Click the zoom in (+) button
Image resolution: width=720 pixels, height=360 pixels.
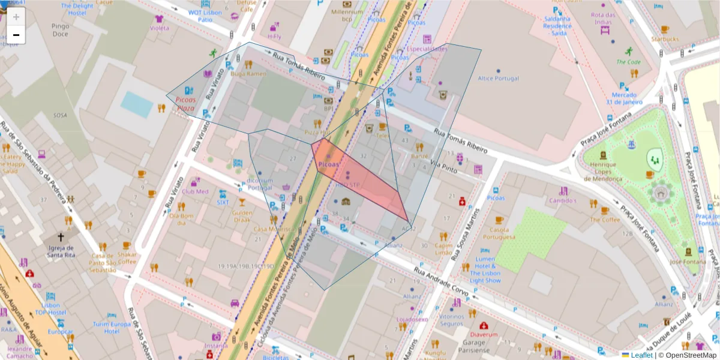pyautogui.click(x=16, y=16)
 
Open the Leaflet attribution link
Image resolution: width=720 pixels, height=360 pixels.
pyautogui.click(x=641, y=355)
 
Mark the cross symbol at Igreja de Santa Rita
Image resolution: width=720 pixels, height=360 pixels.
pyautogui.click(x=61, y=237)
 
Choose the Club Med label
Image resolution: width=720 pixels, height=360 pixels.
pyautogui.click(x=195, y=191)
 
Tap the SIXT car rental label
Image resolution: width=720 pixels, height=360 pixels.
pyautogui.click(x=223, y=203)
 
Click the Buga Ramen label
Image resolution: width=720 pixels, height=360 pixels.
pyautogui.click(x=248, y=74)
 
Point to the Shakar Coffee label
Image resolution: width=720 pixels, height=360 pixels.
pyautogui.click(x=127, y=257)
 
